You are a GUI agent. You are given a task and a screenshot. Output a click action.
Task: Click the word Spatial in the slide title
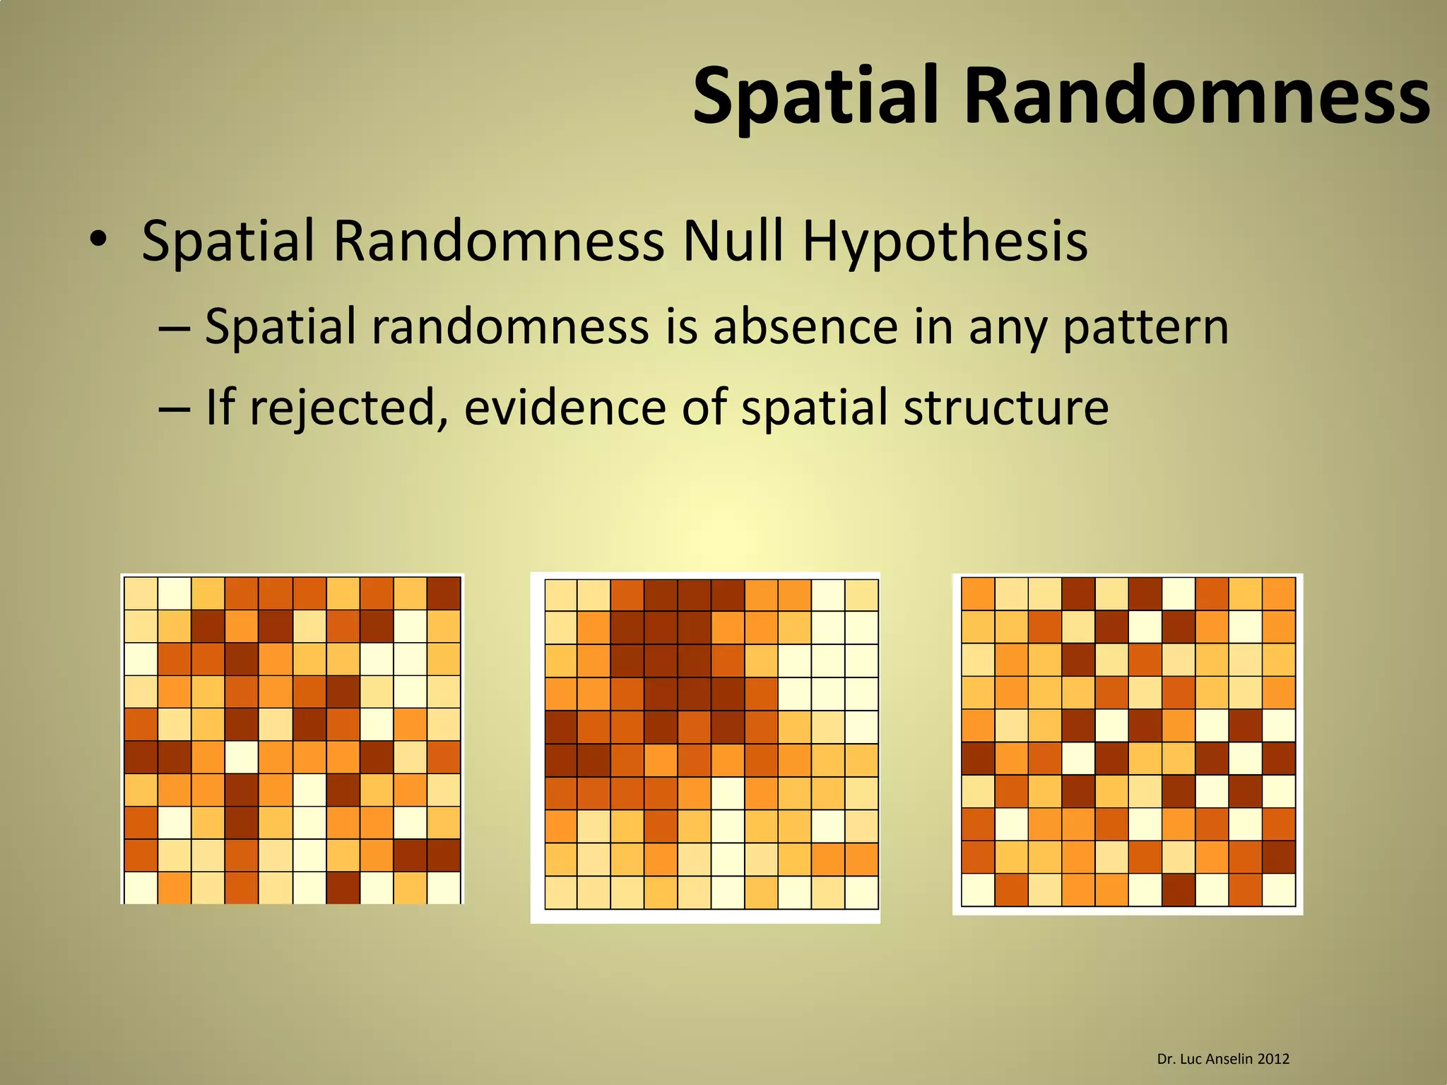820,95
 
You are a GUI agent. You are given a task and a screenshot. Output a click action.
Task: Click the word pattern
1145,326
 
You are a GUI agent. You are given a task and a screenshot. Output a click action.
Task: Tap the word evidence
565,408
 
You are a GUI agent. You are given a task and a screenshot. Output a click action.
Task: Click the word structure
1005,408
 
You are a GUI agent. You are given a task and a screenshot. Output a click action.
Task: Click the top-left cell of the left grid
141,593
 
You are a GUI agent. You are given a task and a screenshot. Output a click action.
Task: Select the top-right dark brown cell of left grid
444,593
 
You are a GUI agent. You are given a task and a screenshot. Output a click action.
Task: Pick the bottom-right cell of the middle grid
861,892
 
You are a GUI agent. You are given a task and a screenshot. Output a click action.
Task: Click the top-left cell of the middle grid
561,595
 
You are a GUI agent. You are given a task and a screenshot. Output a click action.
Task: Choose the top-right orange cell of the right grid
1279,593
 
